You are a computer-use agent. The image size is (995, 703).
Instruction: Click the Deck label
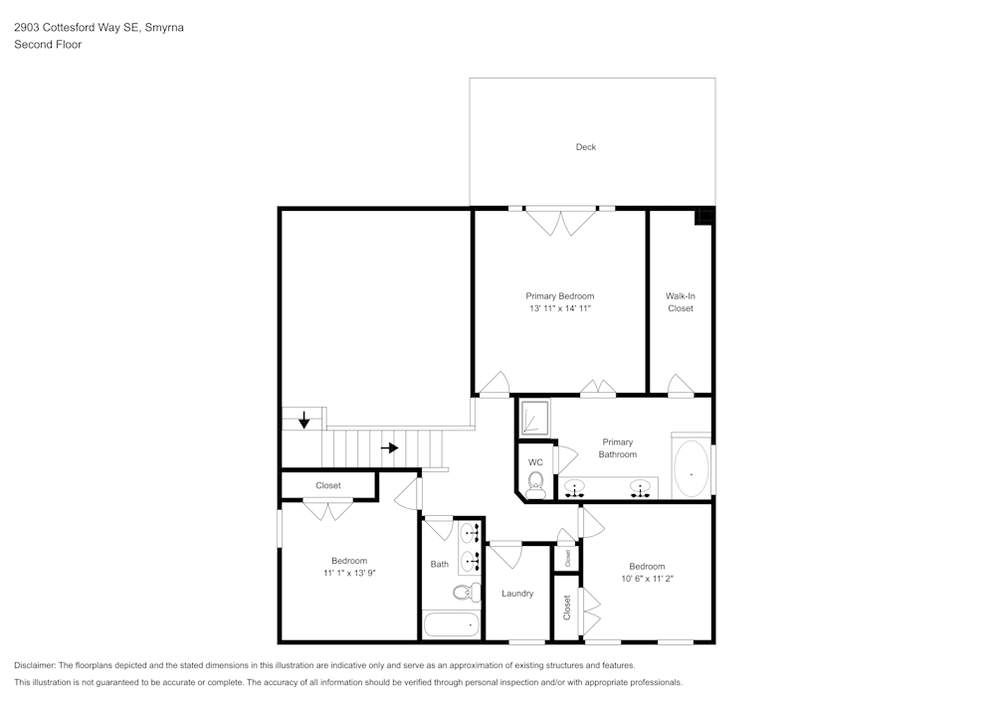pos(586,147)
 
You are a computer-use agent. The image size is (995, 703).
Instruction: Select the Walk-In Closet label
pos(681,302)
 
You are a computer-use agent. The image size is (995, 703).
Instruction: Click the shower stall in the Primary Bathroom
pos(535,418)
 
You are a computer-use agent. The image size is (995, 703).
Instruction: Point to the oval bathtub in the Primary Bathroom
pos(692,468)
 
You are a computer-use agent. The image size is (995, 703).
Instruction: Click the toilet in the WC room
pos(535,484)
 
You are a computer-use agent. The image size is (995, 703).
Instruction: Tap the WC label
pos(535,462)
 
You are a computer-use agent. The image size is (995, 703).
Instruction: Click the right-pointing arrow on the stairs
pos(390,447)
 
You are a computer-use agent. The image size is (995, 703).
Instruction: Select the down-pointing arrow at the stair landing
pos(303,422)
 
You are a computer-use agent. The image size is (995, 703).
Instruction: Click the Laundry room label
pos(517,594)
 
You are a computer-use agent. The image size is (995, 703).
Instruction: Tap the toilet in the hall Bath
pos(464,594)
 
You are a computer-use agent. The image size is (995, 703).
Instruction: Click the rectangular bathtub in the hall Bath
pos(451,626)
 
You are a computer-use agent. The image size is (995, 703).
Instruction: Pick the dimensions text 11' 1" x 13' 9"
pos(349,573)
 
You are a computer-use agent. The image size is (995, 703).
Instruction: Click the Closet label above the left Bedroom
pos(328,485)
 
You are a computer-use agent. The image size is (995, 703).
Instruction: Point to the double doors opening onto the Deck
pos(563,221)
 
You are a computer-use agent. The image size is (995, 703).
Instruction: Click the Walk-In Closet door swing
pos(682,386)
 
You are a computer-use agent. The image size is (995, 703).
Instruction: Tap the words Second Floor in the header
pos(48,45)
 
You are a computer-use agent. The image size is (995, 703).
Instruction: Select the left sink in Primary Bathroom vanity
pos(575,489)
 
